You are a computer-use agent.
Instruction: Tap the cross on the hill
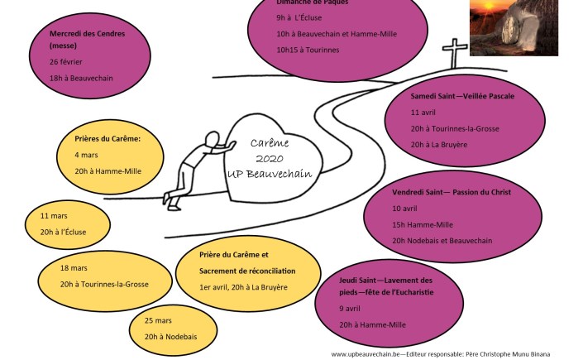(x=454, y=55)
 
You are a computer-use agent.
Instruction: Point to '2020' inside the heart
(x=270, y=157)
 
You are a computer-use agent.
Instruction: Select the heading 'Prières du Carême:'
(x=108, y=139)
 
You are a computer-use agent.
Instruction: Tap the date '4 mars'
(x=88, y=155)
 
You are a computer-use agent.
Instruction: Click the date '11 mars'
(x=55, y=216)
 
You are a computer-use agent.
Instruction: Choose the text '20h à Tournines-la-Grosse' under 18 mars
(x=104, y=284)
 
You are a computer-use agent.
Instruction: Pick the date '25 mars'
(x=158, y=321)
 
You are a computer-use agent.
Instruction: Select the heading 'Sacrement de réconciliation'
(x=247, y=271)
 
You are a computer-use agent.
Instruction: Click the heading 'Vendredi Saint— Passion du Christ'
(x=452, y=192)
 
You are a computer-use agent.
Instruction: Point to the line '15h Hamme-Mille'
(x=422, y=224)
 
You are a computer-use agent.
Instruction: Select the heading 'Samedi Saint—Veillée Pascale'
(x=462, y=96)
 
